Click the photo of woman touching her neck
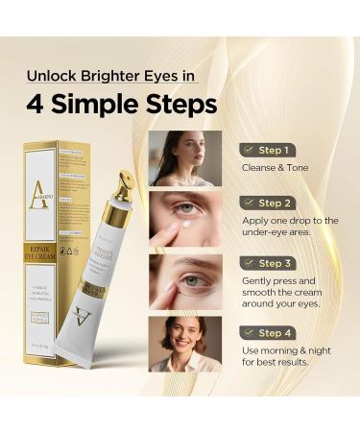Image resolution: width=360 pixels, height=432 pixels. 185,157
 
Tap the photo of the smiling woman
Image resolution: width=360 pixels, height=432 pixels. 185,344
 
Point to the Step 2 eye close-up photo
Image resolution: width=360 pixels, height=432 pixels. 185,219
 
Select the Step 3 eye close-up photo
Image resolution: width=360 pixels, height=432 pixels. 185,281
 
